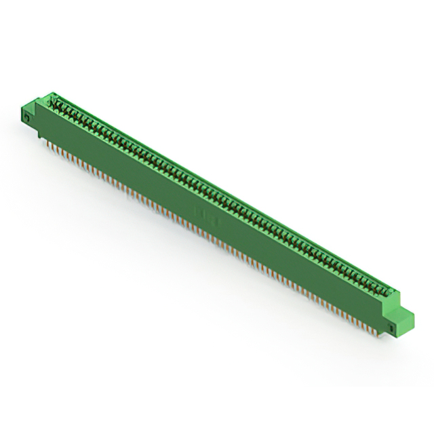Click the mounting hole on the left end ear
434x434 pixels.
[26, 117]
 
